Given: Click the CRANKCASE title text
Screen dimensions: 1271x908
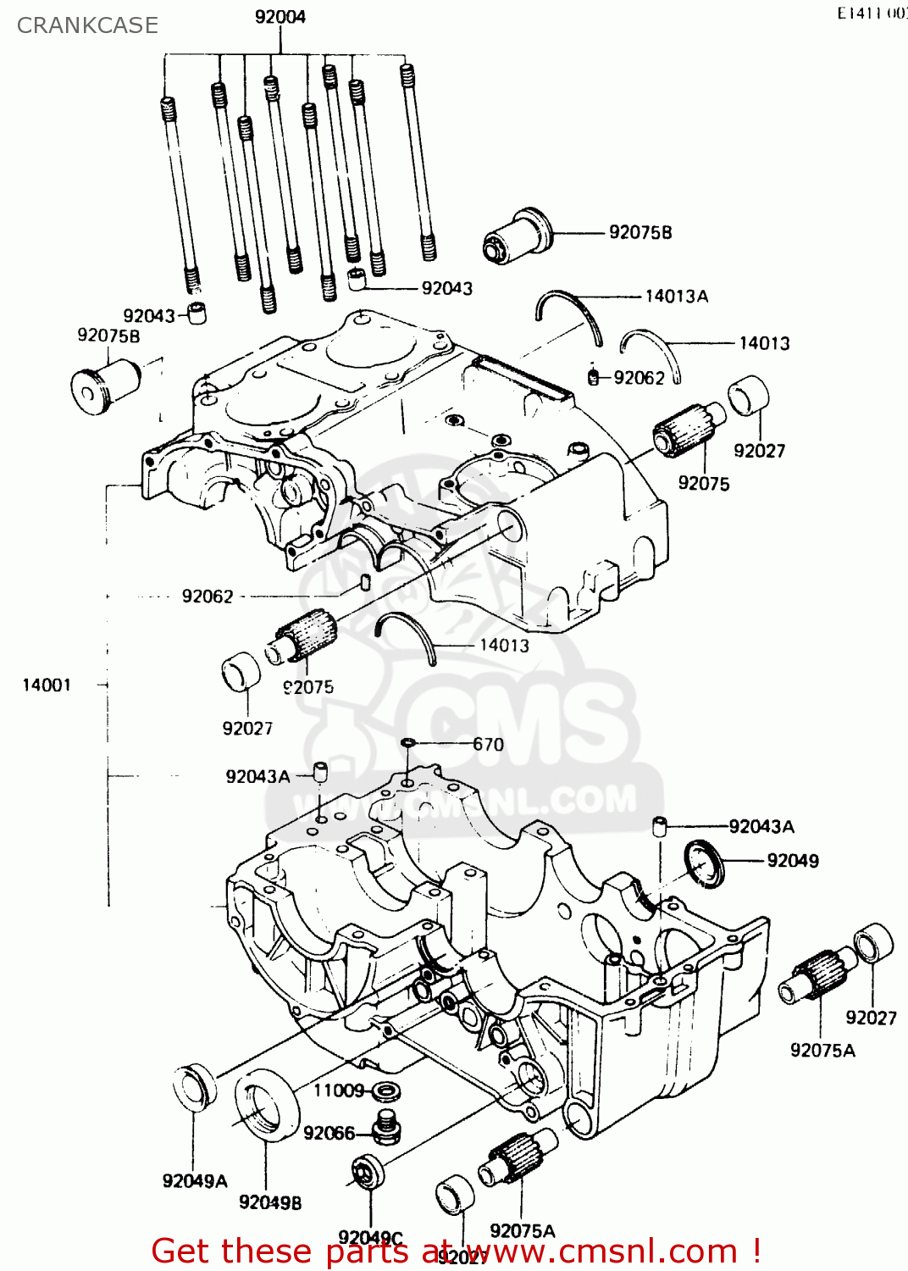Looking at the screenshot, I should (87, 25).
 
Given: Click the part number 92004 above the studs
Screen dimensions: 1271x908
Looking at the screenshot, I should (280, 17).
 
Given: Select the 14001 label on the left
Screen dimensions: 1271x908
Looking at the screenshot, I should (47, 685).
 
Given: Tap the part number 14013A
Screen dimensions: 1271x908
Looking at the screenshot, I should (676, 296).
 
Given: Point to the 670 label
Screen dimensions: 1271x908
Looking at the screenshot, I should (488, 744).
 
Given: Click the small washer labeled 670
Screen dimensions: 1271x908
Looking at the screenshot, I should (408, 743).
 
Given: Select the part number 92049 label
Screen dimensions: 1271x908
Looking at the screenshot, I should (792, 860).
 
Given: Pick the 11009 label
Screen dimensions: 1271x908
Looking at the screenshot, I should (339, 1090).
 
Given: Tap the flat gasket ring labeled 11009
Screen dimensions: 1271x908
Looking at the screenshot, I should (387, 1091).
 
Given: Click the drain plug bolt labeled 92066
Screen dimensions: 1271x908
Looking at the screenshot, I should (386, 1127).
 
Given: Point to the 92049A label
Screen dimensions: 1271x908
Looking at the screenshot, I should (195, 1180).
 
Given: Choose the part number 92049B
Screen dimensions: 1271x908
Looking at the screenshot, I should (270, 1202).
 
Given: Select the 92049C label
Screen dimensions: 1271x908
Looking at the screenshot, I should (370, 1238).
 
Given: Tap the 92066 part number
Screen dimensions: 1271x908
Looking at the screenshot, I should (329, 1133).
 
